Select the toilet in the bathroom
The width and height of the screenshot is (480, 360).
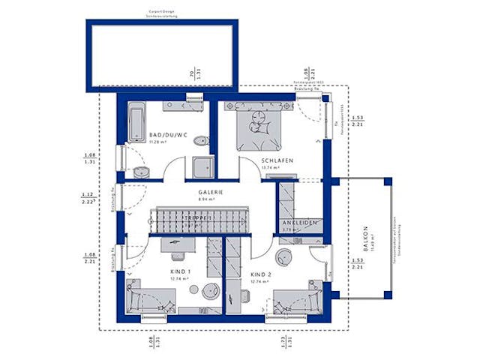pyautogui.click(x=199, y=142)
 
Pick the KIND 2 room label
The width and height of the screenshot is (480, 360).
pyautogui.click(x=262, y=275)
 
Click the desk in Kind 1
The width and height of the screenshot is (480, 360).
pyautogui.click(x=177, y=244)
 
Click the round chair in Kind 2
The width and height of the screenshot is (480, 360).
pyautogui.click(x=286, y=257)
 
